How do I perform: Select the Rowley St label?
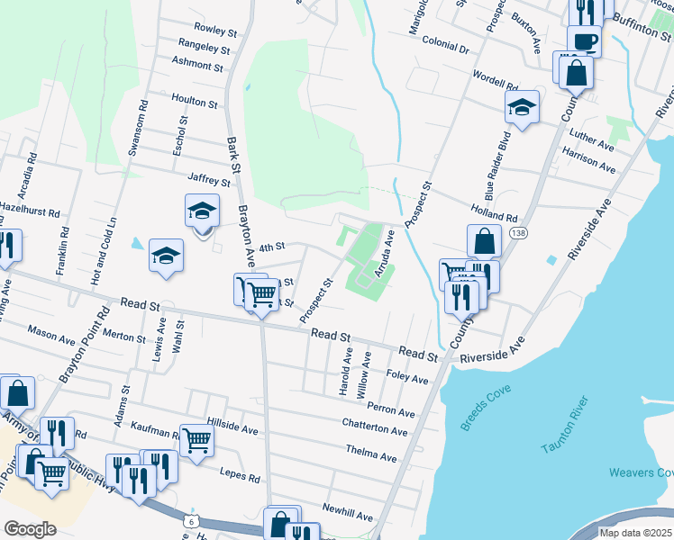(214, 30)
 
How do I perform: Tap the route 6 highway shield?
(190, 521)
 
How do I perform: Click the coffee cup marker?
(584, 42)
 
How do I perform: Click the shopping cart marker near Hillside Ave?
(196, 440)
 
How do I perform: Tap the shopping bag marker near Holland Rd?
(484, 241)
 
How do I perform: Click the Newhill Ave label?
(348, 516)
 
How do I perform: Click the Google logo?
(30, 529)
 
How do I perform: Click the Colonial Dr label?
(445, 44)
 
